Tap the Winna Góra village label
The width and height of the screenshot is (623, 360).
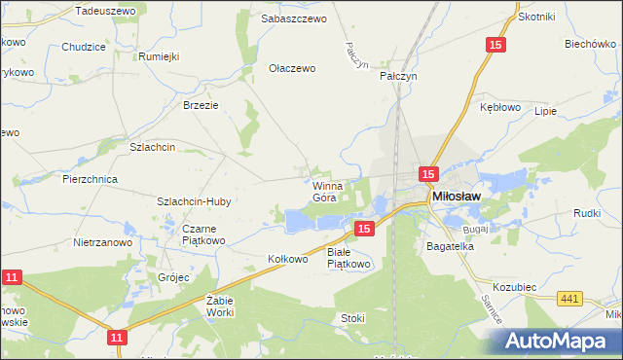point(324,191)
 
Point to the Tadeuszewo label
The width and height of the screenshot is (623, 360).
point(104,9)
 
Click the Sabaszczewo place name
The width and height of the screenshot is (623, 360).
point(293,18)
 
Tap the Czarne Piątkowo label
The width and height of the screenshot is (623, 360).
point(204,234)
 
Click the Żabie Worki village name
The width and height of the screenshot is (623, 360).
point(221,306)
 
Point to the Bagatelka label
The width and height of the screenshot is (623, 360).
point(450,247)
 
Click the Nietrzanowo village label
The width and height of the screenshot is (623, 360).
point(102,241)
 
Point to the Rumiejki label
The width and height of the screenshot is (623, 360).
point(160,56)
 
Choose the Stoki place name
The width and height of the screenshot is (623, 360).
point(352,317)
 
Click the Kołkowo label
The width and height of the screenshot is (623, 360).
point(287,259)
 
